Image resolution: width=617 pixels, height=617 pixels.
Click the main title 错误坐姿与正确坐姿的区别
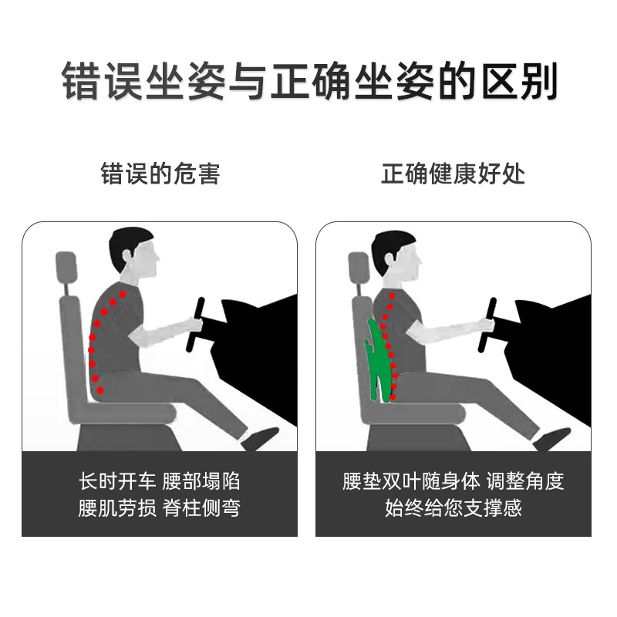point(309,81)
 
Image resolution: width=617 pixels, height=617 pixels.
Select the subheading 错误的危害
point(160,174)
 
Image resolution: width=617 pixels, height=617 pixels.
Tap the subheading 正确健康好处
point(453,174)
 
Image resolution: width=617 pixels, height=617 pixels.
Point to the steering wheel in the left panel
point(195,325)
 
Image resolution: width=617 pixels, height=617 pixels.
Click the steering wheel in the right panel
point(487,325)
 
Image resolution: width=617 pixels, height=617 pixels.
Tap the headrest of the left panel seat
point(66,268)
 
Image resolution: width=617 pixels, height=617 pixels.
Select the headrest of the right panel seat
point(358,268)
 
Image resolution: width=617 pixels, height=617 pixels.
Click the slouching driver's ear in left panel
point(126,256)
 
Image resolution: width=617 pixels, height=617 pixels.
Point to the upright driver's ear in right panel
point(389,258)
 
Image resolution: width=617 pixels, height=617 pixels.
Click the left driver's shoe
point(260,438)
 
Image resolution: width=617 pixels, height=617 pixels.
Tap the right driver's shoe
point(551,439)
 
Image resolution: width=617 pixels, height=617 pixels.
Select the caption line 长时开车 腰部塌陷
point(160,480)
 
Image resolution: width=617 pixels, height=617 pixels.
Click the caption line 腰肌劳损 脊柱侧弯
point(160,507)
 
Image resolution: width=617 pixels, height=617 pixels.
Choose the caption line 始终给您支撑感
point(453,507)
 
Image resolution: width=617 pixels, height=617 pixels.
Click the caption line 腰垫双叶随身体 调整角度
point(453,480)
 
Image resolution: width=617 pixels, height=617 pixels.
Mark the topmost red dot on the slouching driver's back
point(123,294)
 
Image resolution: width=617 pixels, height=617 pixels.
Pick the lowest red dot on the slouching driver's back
point(100,390)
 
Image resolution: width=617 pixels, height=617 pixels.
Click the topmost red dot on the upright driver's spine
point(392,296)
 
